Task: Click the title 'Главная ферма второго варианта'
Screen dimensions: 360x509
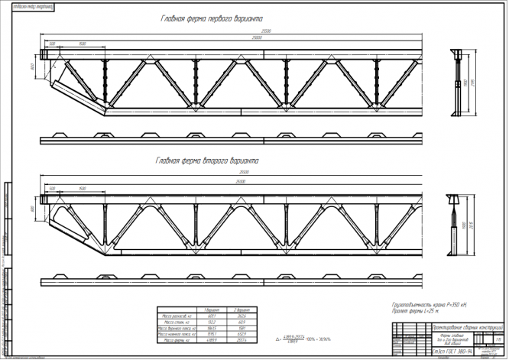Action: pos(208,161)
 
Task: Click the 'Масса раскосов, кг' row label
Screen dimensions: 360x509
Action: pos(177,316)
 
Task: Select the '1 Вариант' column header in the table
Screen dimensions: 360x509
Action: pos(211,310)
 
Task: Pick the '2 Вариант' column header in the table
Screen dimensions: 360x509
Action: pos(242,310)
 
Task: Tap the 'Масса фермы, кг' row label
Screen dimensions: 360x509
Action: pos(177,339)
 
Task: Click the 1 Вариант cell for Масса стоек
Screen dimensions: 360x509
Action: pos(211,322)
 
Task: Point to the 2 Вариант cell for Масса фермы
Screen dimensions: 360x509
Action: pos(242,339)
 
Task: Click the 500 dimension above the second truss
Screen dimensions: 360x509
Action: pos(52,187)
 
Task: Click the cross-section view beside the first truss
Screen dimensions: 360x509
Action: pos(457,83)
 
